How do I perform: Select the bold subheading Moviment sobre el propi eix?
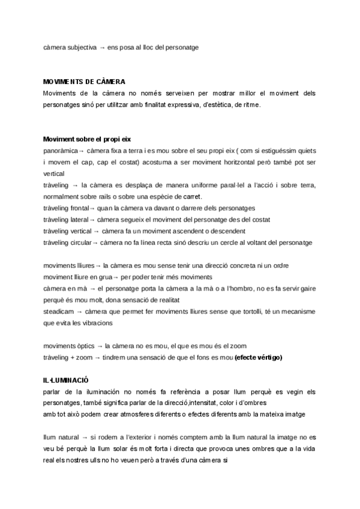click(87, 139)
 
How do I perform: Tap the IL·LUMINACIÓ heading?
click(66, 381)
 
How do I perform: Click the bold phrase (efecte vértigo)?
click(259, 358)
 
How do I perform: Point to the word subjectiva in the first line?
click(80, 47)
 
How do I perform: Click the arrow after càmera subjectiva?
click(102, 47)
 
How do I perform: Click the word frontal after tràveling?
click(77, 208)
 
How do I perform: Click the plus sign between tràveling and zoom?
click(71, 358)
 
